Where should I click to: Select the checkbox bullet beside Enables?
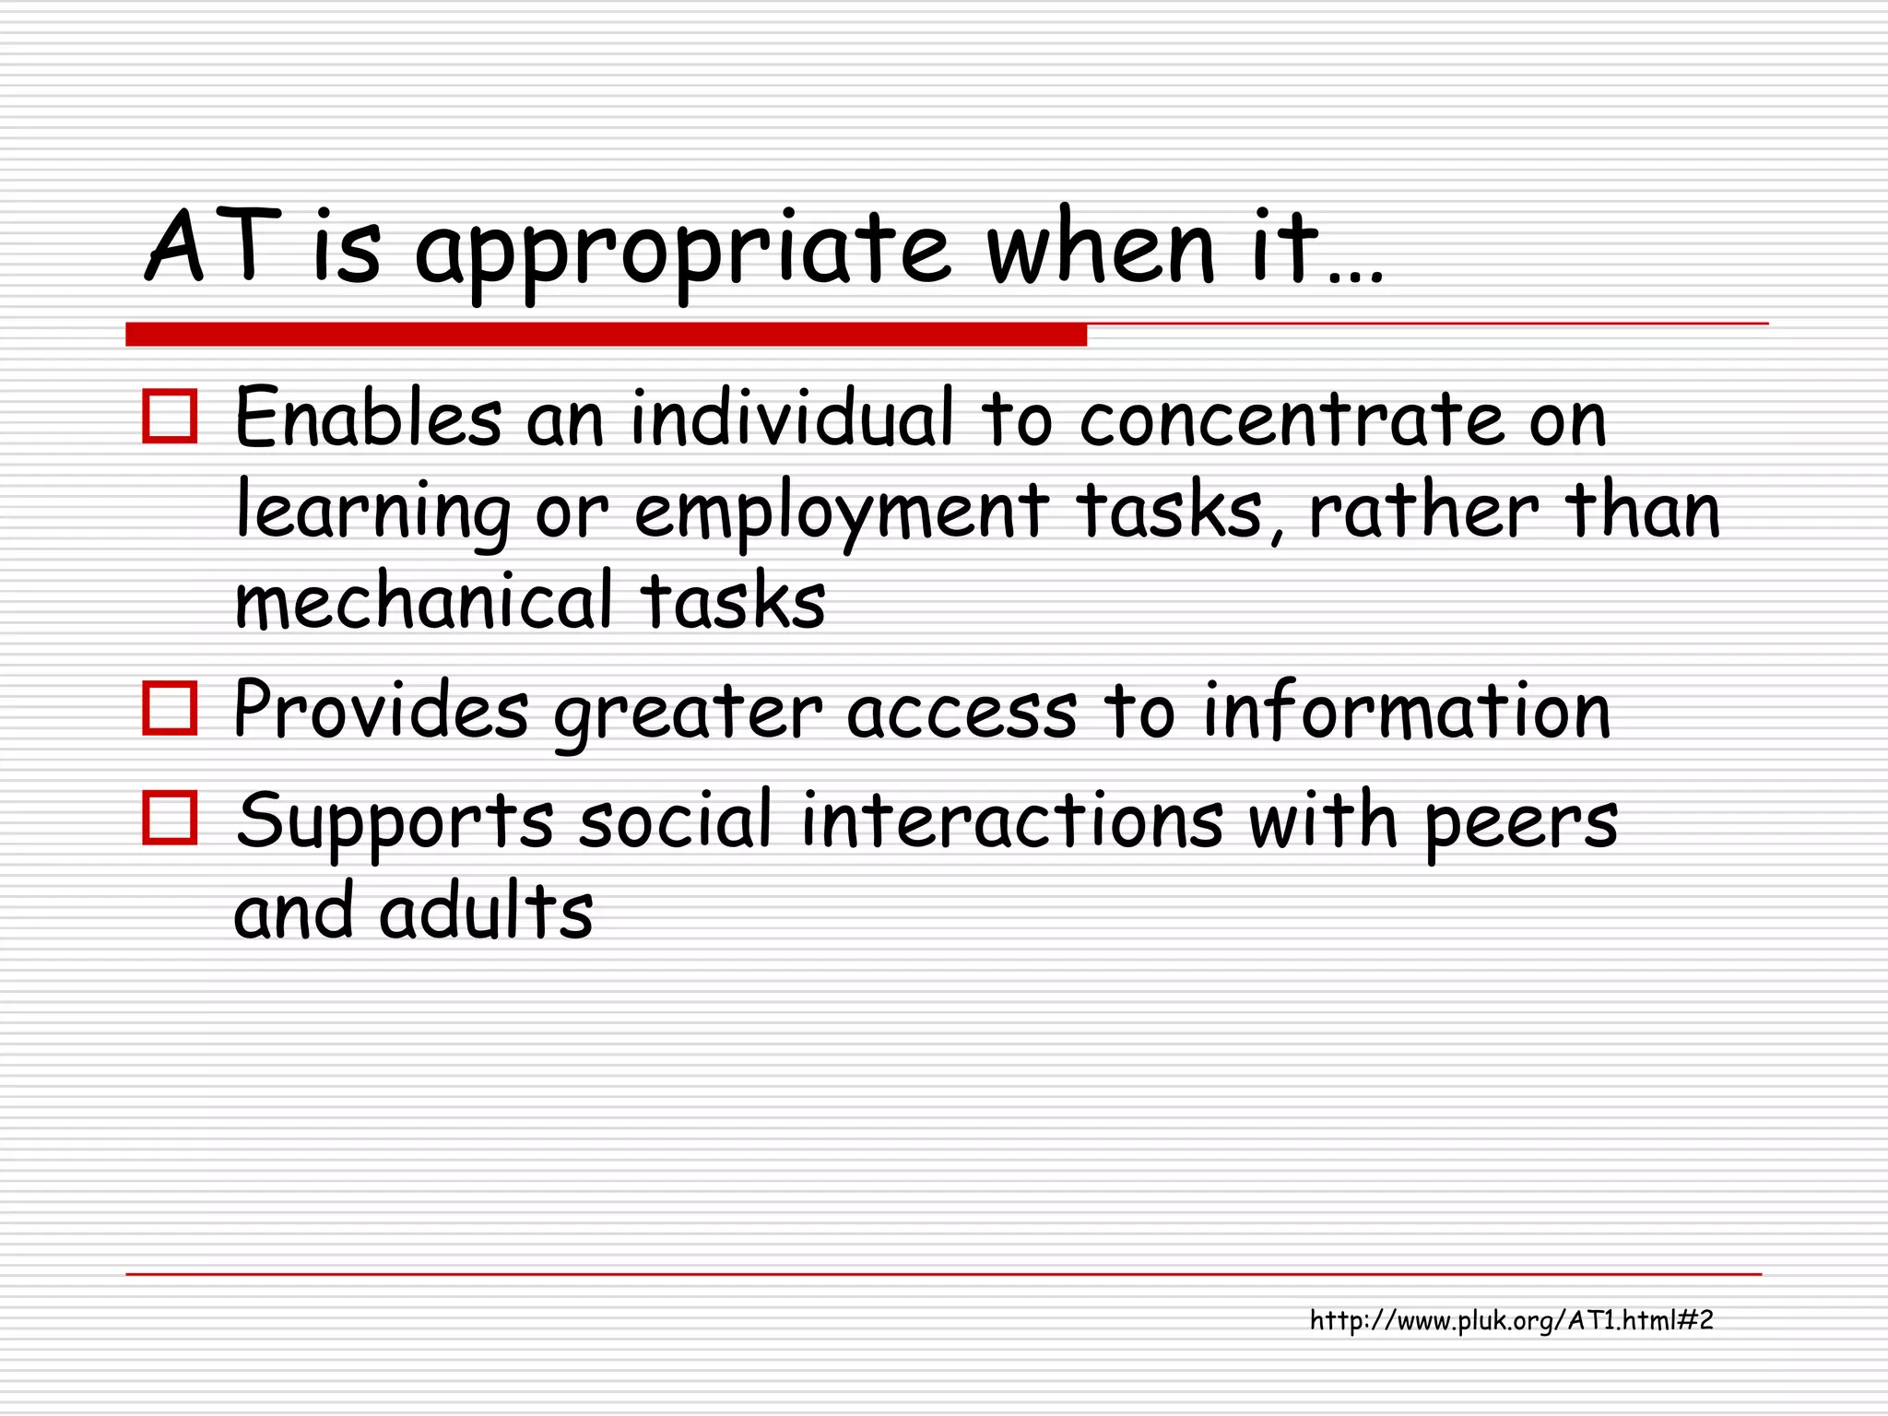pyautogui.click(x=171, y=418)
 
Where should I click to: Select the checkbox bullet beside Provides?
pyautogui.click(x=171, y=708)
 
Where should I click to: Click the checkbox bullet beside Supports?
pyautogui.click(x=171, y=818)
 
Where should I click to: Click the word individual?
pyautogui.click(x=791, y=419)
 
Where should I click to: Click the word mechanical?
pyautogui.click(x=424, y=602)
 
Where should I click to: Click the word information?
pyautogui.click(x=1407, y=710)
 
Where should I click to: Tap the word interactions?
pyautogui.click(x=1011, y=820)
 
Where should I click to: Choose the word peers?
pyautogui.click(x=1521, y=823)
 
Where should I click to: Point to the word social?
pyautogui.click(x=675, y=820)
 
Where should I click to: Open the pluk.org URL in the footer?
pyautogui.click(x=1511, y=1321)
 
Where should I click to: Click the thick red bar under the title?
pyautogui.click(x=606, y=335)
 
